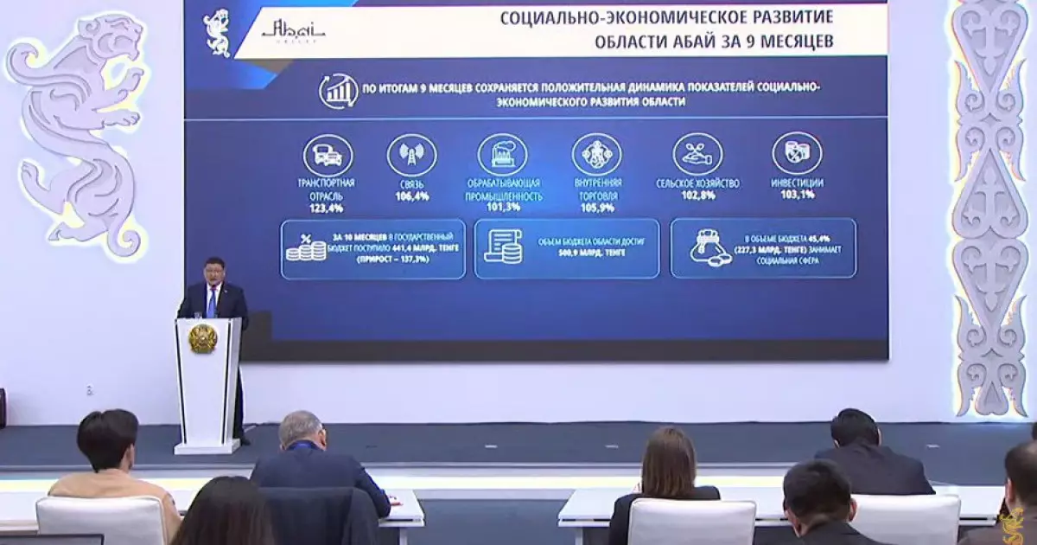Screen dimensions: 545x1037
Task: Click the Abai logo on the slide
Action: pyautogui.click(x=294, y=31)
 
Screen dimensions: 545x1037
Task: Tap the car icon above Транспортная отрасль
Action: pyautogui.click(x=328, y=156)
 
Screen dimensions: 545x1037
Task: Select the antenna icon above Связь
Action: pyautogui.click(x=411, y=156)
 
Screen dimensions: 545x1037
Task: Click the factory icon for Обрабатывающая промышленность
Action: pyautogui.click(x=502, y=156)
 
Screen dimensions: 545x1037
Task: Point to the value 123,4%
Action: pyautogui.click(x=321, y=208)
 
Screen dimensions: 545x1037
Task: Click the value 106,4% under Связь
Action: pyautogui.click(x=412, y=196)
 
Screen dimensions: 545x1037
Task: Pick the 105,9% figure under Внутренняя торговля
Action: pyautogui.click(x=597, y=208)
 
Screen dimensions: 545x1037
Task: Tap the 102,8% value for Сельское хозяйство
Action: pyautogui.click(x=698, y=196)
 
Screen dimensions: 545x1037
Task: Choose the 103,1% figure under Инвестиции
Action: pyautogui.click(x=797, y=196)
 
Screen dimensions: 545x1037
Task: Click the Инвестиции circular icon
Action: pyautogui.click(x=797, y=153)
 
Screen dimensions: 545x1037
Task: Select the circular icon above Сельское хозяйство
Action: pyautogui.click(x=697, y=154)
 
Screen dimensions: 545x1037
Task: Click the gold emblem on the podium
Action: pyautogui.click(x=203, y=338)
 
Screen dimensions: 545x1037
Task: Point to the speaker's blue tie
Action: pyautogui.click(x=212, y=301)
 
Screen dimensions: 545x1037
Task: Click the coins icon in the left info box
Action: pyautogui.click(x=306, y=247)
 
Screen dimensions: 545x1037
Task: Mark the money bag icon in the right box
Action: pyautogui.click(x=710, y=247)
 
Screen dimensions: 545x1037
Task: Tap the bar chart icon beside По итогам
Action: pyautogui.click(x=338, y=91)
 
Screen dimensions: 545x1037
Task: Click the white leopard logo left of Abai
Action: pyautogui.click(x=217, y=33)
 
